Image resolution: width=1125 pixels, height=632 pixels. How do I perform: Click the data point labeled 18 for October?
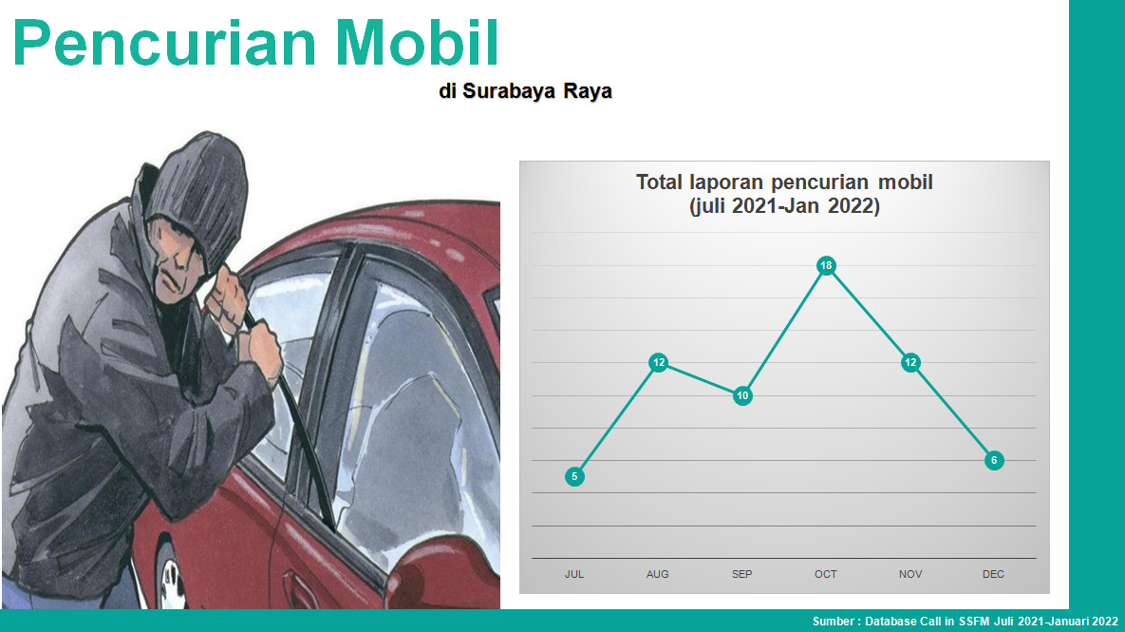tap(827, 266)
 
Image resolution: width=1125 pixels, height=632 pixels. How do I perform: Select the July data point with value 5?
tap(574, 476)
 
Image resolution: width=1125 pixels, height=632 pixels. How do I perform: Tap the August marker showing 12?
tap(659, 363)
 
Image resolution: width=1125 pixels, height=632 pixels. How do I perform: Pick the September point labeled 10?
tap(742, 395)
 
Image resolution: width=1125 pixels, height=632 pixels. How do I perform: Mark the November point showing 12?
tap(910, 363)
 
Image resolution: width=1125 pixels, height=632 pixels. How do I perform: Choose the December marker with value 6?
tap(994, 460)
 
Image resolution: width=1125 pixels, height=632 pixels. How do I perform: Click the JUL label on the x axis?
tap(574, 575)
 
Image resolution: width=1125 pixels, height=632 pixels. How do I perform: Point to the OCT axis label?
tap(826, 575)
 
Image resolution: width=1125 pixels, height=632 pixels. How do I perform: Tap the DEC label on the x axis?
tap(994, 575)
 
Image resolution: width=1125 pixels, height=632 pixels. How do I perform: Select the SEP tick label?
tap(741, 575)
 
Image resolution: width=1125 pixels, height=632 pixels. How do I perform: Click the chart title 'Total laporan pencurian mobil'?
tap(784, 182)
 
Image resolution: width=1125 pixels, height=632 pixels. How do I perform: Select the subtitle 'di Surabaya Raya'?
tap(525, 91)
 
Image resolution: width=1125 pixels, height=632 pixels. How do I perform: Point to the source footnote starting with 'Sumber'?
tap(965, 622)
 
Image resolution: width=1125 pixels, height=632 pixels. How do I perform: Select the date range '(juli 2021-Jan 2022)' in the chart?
tap(784, 207)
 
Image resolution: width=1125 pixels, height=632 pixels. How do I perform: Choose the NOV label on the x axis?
tap(910, 575)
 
